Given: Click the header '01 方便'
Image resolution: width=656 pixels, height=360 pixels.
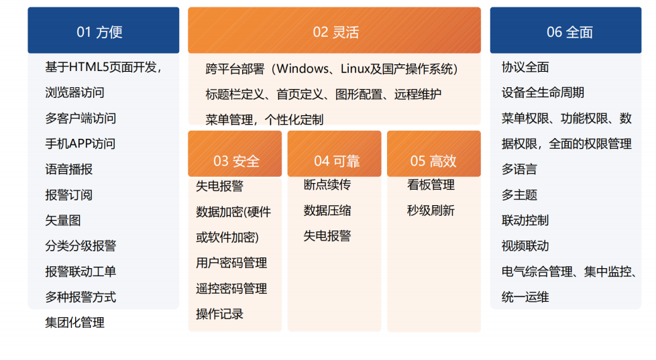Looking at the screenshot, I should click(x=103, y=32).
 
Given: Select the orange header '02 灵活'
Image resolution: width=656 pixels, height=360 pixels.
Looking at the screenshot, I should click(x=334, y=32).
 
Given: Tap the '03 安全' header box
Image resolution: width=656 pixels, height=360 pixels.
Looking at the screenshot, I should click(x=235, y=161).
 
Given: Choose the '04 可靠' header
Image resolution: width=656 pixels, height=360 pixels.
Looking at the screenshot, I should click(x=335, y=161).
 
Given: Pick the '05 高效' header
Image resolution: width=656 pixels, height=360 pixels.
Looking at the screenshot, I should click(x=433, y=161).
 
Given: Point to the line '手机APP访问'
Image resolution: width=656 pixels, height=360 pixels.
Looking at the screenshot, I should click(x=80, y=143).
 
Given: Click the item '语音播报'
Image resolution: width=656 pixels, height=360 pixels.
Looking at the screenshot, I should click(x=69, y=169).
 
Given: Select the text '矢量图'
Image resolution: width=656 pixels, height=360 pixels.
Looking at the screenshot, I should click(x=63, y=221).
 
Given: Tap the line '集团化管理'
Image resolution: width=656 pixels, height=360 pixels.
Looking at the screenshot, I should click(x=75, y=322).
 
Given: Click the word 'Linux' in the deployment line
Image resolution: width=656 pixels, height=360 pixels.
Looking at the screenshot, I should click(x=355, y=68).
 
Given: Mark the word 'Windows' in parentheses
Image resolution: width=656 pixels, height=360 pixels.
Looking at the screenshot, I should click(x=301, y=68).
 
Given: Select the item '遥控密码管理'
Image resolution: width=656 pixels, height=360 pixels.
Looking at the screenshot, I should click(x=231, y=288).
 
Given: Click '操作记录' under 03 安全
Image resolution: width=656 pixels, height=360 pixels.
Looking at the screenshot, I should click(x=219, y=314).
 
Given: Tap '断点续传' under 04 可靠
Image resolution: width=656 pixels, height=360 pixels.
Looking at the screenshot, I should click(x=327, y=185).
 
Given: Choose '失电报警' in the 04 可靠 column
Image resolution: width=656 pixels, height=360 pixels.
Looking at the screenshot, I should click(x=327, y=236).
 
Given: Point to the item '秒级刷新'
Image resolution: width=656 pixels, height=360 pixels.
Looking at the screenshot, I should click(x=431, y=211).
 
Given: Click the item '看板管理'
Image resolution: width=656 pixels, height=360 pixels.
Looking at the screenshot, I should click(x=431, y=185).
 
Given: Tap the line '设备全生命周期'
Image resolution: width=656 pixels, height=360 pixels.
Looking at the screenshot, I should click(x=543, y=93).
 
